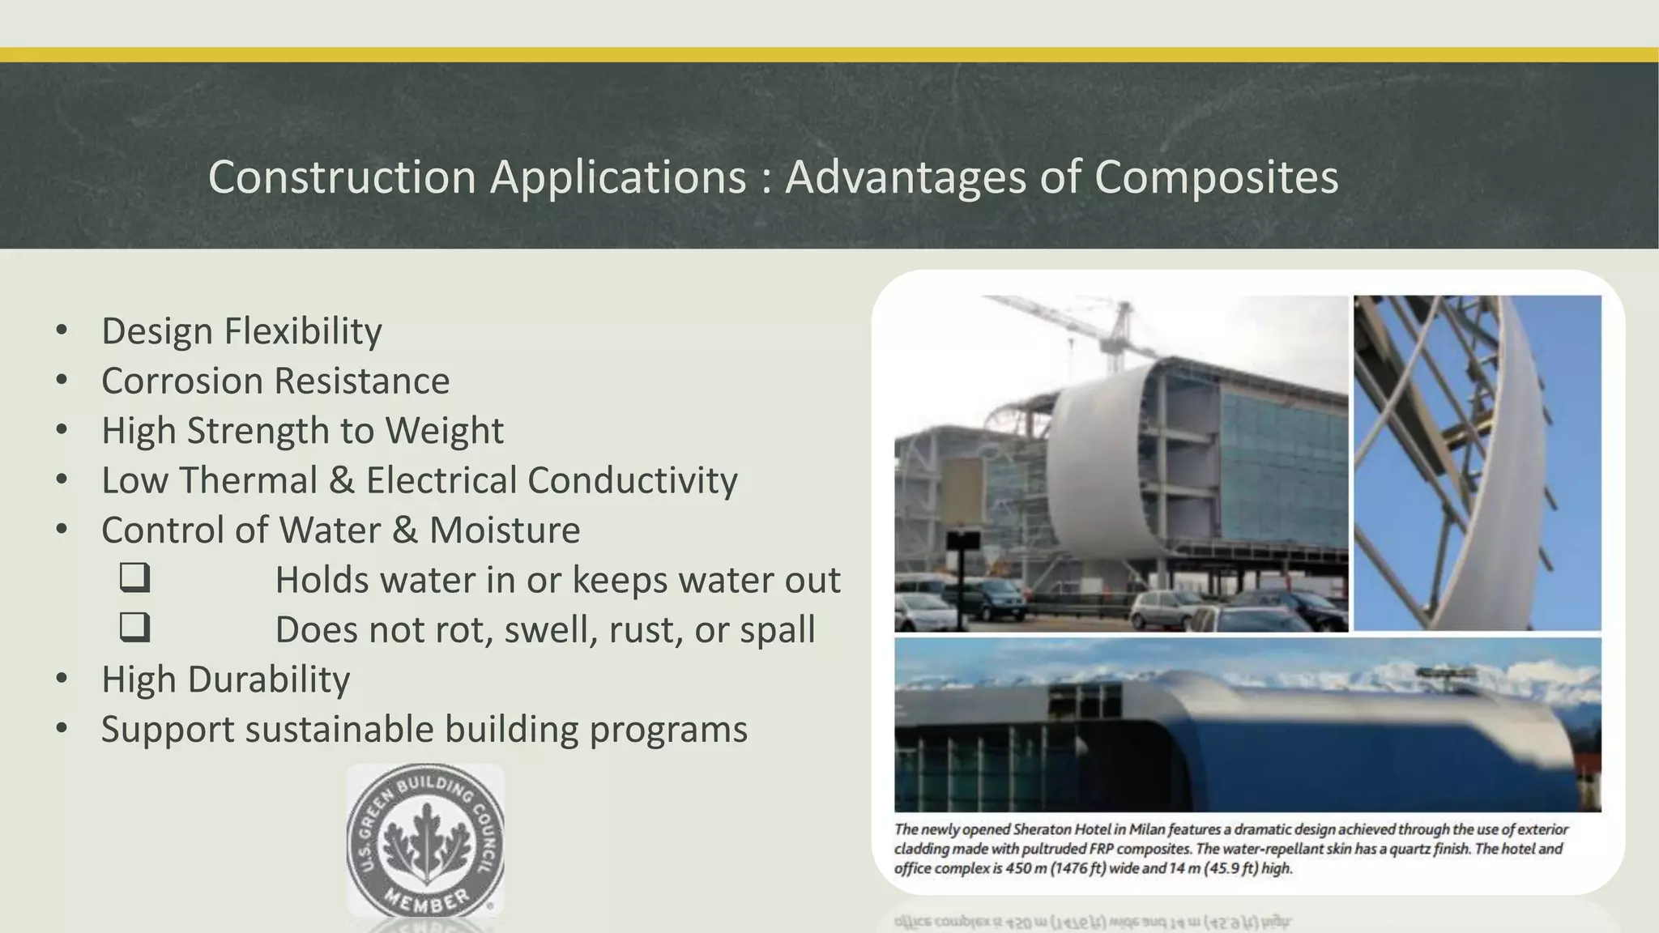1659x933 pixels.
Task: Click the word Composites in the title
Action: tap(1216, 177)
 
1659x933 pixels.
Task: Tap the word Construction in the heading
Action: tap(341, 177)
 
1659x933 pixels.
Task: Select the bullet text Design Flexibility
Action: tap(241, 331)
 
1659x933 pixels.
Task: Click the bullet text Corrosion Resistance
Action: tap(275, 381)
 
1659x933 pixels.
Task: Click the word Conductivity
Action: tap(632, 480)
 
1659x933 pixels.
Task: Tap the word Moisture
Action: tap(504, 530)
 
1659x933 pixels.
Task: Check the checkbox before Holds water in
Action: tap(134, 578)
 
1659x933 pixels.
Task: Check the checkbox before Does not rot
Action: tap(134, 628)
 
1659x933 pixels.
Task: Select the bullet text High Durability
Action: tap(225, 680)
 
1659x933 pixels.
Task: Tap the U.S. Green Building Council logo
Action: tap(425, 841)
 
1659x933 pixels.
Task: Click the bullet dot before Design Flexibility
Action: tap(62, 330)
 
